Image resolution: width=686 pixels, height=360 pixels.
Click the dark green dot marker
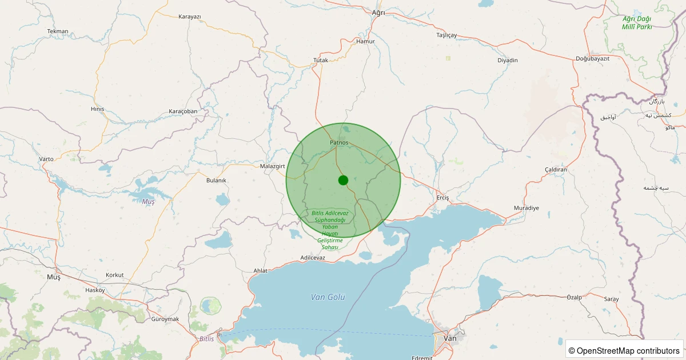343,180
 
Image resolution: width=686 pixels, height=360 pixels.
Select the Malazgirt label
272,166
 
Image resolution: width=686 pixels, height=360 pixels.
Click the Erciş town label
443,198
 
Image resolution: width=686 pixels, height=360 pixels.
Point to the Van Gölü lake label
328,297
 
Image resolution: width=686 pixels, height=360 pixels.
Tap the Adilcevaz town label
313,258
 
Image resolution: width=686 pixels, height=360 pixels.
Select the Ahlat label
260,270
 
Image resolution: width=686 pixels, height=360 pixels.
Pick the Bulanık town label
216,181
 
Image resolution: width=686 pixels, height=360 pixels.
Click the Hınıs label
98,109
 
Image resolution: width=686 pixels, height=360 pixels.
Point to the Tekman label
58,31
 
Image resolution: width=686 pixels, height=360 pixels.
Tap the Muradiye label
527,208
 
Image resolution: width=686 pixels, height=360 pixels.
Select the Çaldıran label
556,170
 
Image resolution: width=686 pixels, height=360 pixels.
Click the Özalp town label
574,297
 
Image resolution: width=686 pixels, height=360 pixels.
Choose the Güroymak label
165,319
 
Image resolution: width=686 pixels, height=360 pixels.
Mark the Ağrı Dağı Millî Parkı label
637,23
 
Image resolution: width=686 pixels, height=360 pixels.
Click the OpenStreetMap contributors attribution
624,350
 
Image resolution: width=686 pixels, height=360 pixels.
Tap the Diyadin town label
508,61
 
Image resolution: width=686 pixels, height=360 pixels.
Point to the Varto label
46,159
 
